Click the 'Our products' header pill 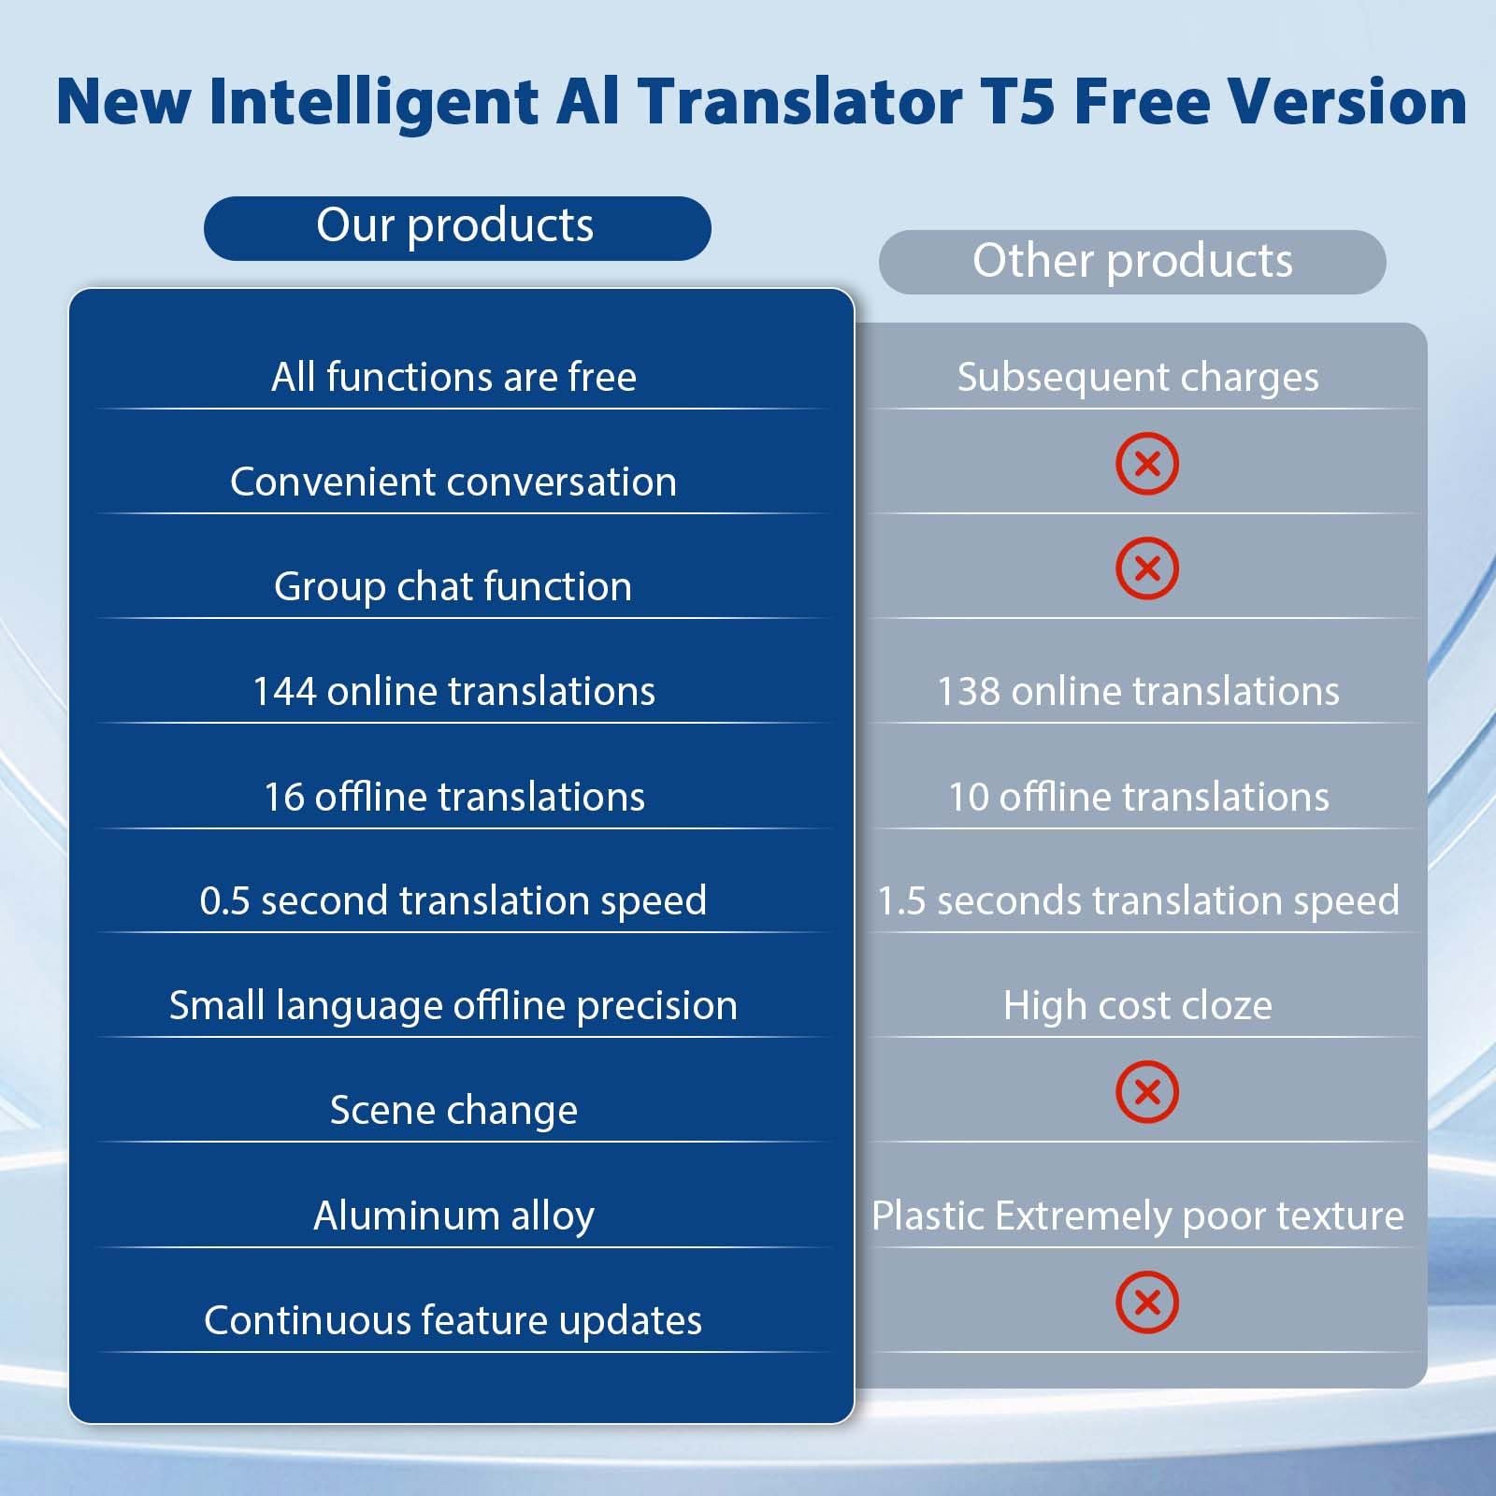coord(457,228)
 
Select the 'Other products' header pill coord(1132,262)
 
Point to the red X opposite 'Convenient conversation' coord(1147,464)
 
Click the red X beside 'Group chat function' coord(1147,568)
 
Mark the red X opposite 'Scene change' coord(1147,1092)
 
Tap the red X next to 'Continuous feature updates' coord(1147,1302)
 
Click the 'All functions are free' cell coord(453,377)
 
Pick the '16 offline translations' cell coord(453,797)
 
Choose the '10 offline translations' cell coord(1138,797)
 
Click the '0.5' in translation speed coord(224,901)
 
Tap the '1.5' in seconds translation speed coord(900,901)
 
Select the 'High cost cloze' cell coord(1138,1006)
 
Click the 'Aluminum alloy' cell coord(453,1216)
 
